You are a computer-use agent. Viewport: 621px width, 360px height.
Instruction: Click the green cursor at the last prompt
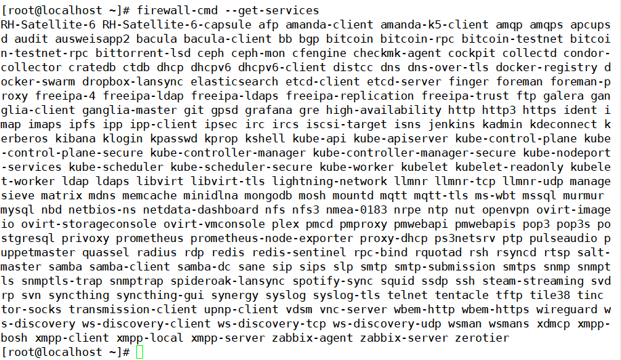140,352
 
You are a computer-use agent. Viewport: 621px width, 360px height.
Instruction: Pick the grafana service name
268,110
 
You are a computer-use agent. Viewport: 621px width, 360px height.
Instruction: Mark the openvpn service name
506,209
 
